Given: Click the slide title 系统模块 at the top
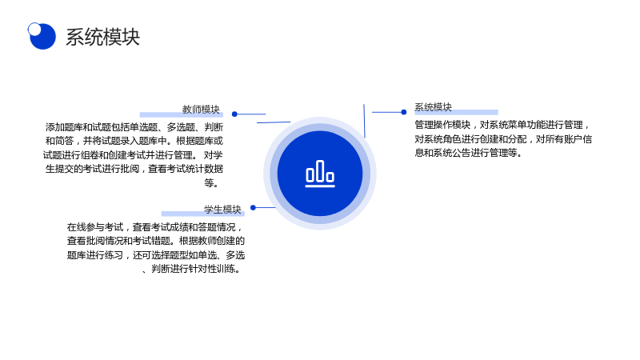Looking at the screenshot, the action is (x=103, y=37).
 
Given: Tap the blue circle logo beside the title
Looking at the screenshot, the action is (x=43, y=36).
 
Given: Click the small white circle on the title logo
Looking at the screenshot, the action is (x=34, y=29).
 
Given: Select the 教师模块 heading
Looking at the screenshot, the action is (x=201, y=110).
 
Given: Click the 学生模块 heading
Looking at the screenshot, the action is (x=222, y=210).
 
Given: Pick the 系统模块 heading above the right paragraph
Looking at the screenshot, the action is (x=433, y=107).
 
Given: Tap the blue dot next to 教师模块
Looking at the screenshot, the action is (x=234, y=114).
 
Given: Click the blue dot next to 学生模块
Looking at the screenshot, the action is (x=253, y=208).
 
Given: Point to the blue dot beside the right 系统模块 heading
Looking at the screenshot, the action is (x=404, y=112).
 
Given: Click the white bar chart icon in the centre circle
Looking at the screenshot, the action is (x=320, y=174).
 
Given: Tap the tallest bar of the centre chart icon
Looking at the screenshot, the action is (x=320, y=171).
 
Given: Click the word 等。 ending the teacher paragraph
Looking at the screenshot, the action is (x=211, y=183).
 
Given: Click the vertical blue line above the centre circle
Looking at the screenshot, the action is (x=364, y=121).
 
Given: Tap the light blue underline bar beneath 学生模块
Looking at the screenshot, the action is (x=203, y=214).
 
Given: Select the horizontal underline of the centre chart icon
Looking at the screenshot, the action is (x=320, y=186).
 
